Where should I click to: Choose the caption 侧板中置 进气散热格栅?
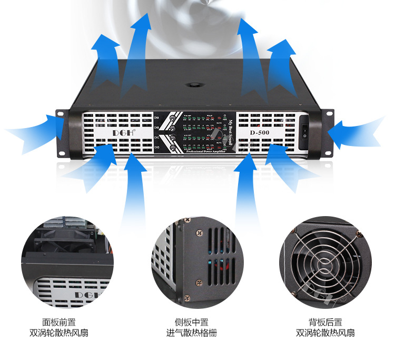click(192, 327)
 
